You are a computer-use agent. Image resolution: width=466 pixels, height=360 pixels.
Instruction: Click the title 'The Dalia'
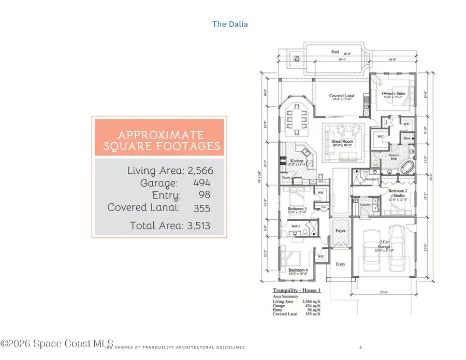click(x=230, y=24)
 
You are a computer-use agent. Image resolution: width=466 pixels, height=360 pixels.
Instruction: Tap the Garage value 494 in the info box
click(x=201, y=183)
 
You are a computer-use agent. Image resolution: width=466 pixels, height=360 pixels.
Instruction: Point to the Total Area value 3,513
click(x=197, y=226)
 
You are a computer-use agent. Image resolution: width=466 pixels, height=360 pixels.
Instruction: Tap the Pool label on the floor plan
click(x=336, y=52)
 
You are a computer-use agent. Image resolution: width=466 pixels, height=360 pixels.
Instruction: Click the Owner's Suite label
click(x=393, y=93)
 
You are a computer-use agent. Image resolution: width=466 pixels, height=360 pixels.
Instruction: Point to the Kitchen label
click(x=297, y=161)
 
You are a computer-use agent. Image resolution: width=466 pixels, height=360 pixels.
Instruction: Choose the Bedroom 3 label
click(x=298, y=209)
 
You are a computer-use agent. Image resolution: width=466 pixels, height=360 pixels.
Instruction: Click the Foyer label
click(x=340, y=231)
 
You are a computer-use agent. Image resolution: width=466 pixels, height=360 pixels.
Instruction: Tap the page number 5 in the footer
click(x=360, y=347)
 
